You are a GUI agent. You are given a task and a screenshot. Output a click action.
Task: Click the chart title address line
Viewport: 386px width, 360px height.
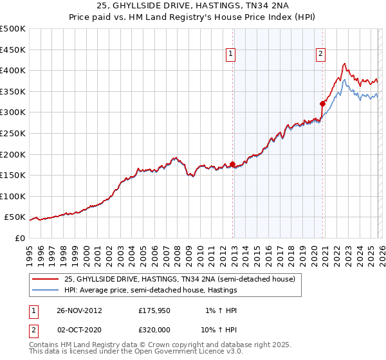coord(193,6)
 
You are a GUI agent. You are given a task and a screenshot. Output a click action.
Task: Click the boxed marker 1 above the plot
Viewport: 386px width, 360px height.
coord(230,55)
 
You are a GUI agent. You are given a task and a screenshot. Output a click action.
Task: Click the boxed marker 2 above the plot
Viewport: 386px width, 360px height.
coord(320,55)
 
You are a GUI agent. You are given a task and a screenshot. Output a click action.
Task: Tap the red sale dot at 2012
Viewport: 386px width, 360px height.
coord(232,165)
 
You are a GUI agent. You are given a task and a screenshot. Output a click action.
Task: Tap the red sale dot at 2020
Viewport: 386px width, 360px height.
coord(322,103)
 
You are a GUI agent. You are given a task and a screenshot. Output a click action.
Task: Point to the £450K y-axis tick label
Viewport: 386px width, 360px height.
coord(13,50)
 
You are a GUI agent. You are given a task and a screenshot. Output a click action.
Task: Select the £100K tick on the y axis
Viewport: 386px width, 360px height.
coord(13,196)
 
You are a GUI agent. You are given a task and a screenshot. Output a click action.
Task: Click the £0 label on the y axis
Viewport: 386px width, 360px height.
coord(19,238)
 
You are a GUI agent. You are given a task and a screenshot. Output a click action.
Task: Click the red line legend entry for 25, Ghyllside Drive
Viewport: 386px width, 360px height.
coord(179,279)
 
